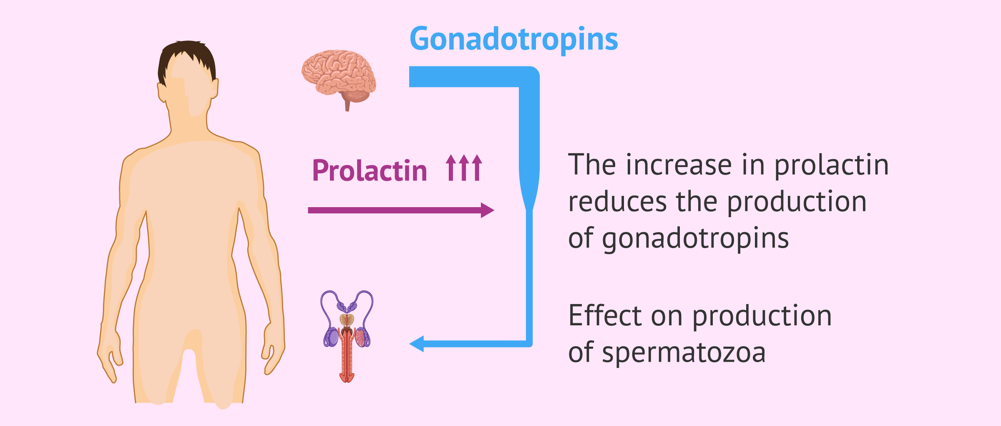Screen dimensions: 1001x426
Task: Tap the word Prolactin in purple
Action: coord(370,170)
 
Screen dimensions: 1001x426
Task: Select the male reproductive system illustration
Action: coord(347,337)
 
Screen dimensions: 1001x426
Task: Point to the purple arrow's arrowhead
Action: coord(487,210)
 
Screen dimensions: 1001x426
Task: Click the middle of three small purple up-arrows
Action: coord(464,167)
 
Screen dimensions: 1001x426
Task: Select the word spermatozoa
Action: coord(684,353)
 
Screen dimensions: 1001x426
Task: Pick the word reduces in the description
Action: coord(618,202)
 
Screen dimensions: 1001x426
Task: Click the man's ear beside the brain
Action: coord(214,89)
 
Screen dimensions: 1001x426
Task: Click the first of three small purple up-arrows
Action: coord(451,167)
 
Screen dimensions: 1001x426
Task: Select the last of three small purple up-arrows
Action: coord(477,167)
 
